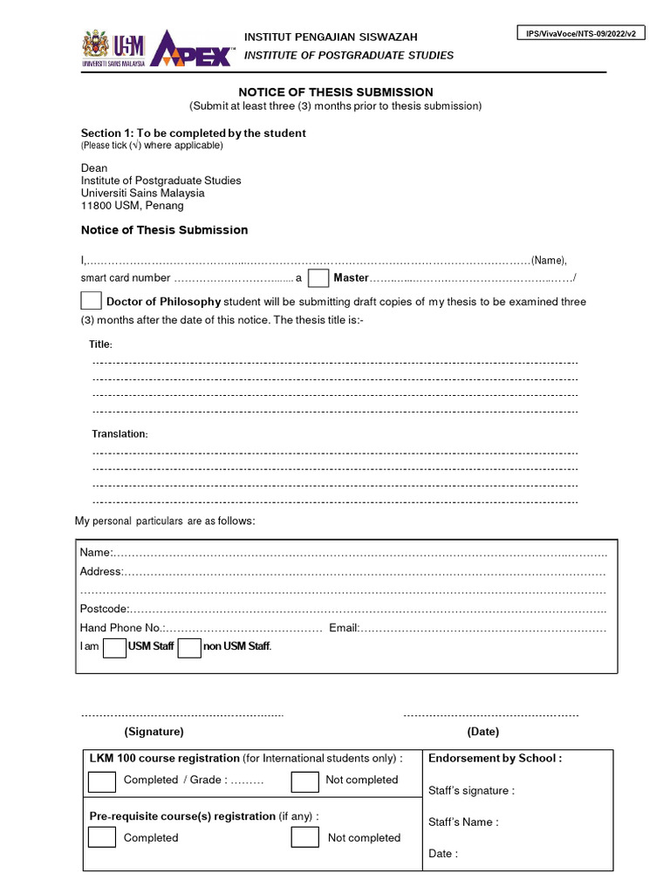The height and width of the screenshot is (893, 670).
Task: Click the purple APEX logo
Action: (192, 50)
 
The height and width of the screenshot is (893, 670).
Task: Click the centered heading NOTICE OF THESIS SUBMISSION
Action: (336, 92)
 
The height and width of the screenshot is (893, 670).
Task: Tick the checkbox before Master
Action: (318, 278)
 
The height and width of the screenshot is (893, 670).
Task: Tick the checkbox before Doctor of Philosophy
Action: (91, 301)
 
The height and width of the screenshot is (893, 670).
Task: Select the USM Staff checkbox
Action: (114, 647)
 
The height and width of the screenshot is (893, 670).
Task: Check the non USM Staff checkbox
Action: (189, 647)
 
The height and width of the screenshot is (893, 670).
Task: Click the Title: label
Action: (100, 345)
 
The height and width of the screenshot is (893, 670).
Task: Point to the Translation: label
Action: (120, 434)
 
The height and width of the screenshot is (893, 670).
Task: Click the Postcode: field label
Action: (105, 609)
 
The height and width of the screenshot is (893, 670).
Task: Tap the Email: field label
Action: (344, 628)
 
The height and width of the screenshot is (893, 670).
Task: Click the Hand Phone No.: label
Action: (121, 628)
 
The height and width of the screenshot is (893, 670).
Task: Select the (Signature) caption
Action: (154, 732)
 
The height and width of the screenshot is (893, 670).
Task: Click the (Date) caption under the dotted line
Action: (482, 732)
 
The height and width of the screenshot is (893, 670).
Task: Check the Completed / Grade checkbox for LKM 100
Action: (102, 781)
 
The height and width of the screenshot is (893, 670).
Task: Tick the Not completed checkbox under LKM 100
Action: (304, 781)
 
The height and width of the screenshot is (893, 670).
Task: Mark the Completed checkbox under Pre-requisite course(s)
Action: (102, 838)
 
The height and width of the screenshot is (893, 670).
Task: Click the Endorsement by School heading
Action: (495, 758)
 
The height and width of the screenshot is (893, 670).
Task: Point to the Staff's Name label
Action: (463, 821)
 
